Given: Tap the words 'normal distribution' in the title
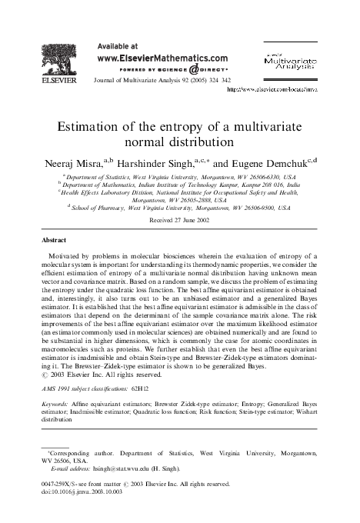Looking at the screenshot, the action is pos(181,142).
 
